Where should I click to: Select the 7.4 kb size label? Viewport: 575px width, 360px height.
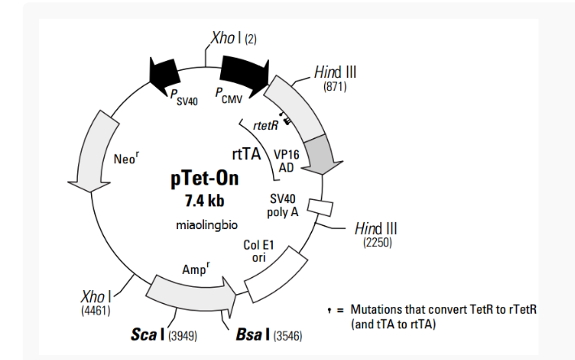pos(205,200)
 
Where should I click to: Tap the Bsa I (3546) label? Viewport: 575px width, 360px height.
pos(268,334)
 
